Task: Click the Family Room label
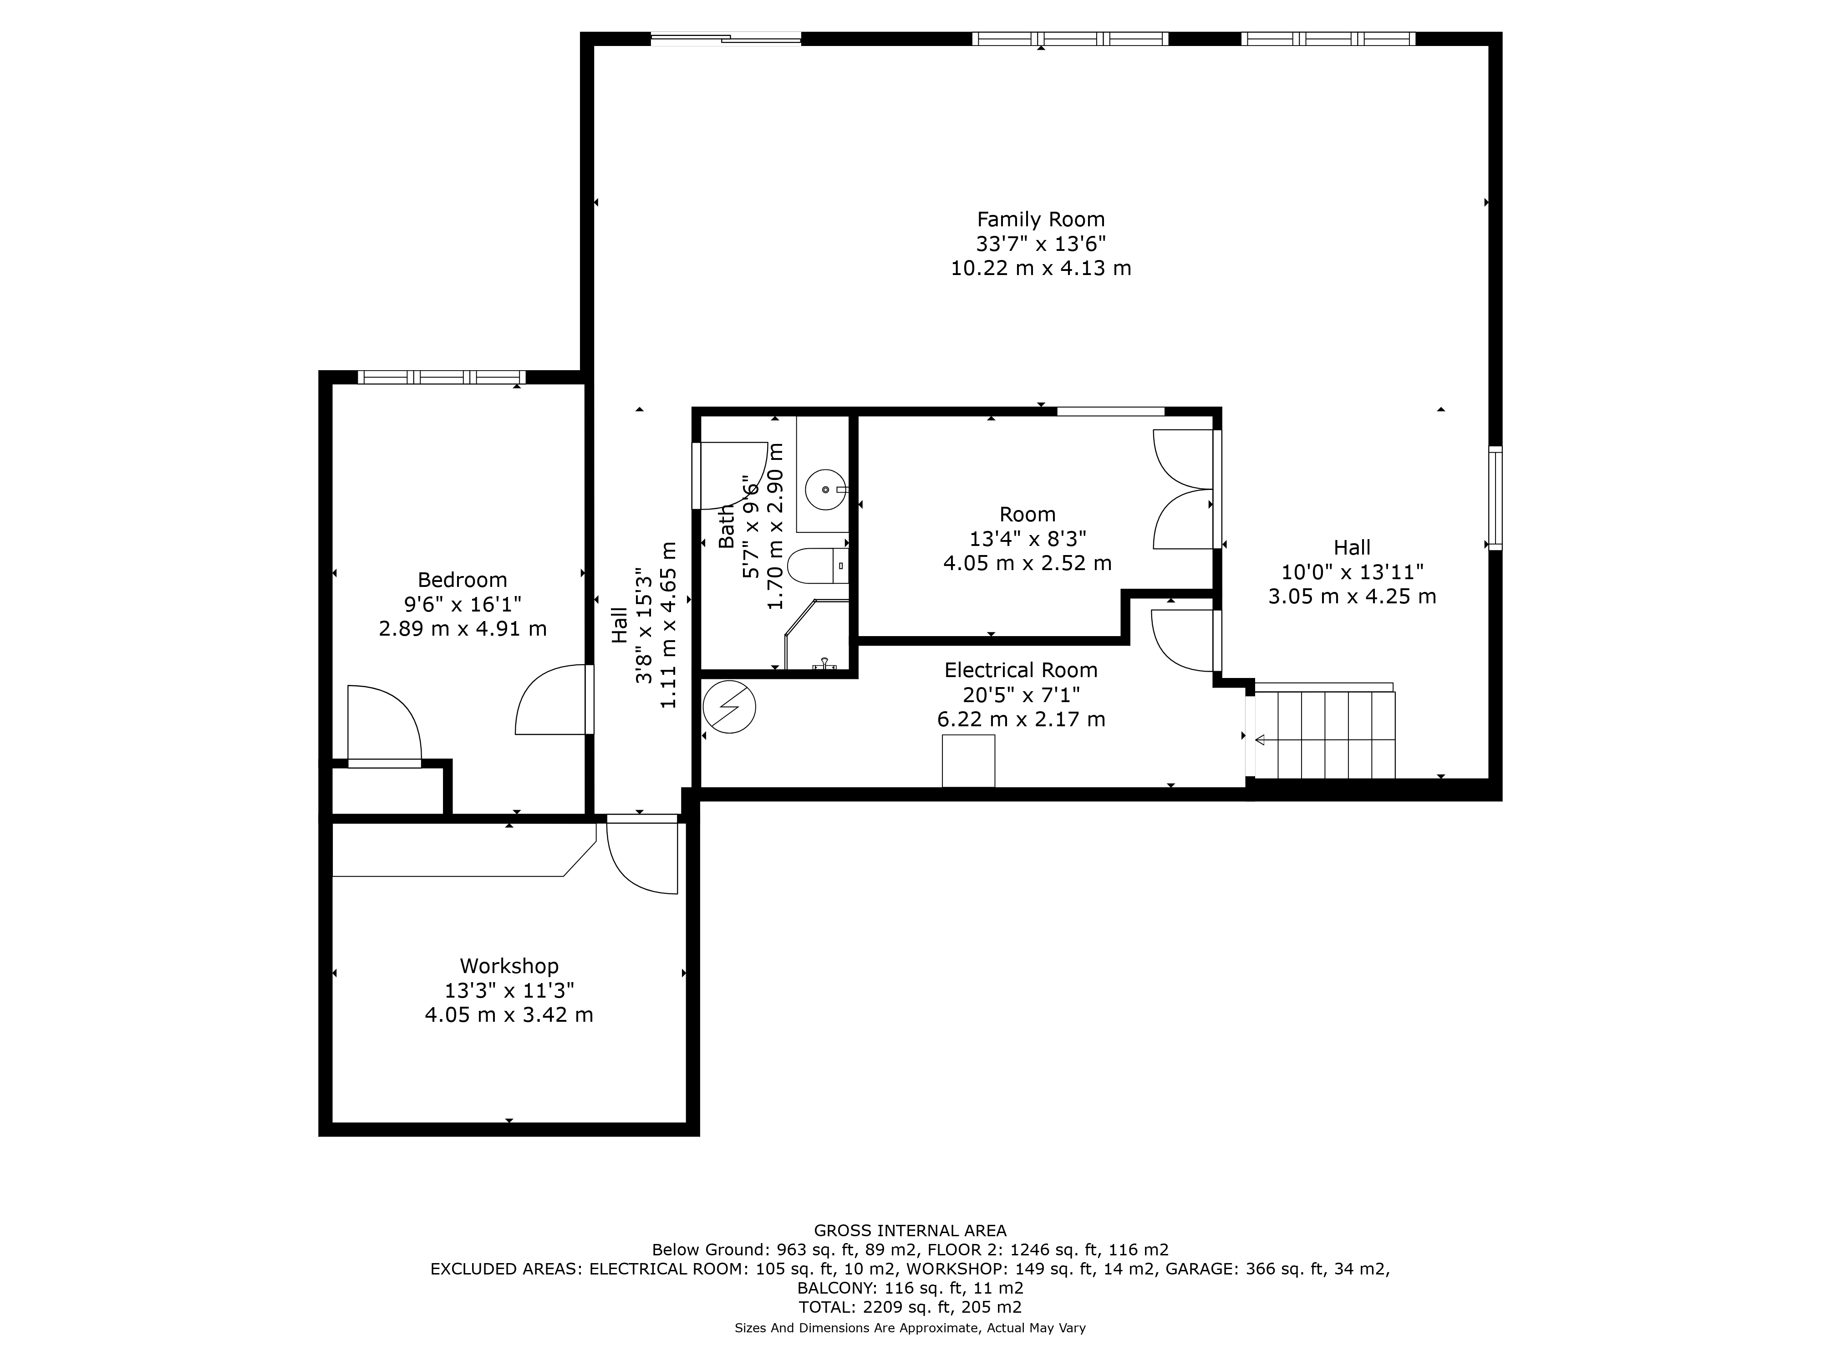[x=1041, y=220]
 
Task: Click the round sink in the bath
[x=825, y=490]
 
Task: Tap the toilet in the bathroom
[x=818, y=566]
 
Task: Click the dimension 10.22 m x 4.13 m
[x=1041, y=269]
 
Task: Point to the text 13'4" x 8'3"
[x=1027, y=539]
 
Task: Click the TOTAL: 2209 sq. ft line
[x=910, y=1307]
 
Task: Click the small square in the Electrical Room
[x=968, y=761]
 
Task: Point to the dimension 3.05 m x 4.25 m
[x=1352, y=597]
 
